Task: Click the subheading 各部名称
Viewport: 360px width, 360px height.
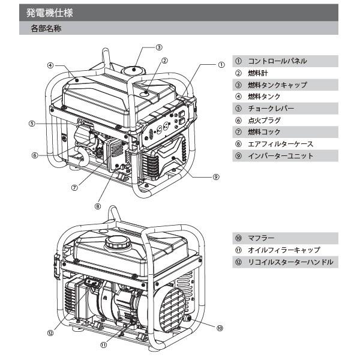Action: point(45,28)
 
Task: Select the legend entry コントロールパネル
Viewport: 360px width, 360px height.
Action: point(277,61)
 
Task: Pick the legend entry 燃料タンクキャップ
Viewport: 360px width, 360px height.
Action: point(277,85)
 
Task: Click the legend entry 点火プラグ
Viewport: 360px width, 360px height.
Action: point(264,121)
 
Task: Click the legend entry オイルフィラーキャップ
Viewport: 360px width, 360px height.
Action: point(283,250)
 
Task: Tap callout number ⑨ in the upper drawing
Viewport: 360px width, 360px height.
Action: point(215,177)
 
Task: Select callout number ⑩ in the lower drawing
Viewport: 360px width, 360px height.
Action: point(220,328)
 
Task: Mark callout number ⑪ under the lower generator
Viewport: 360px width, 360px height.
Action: point(103,345)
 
